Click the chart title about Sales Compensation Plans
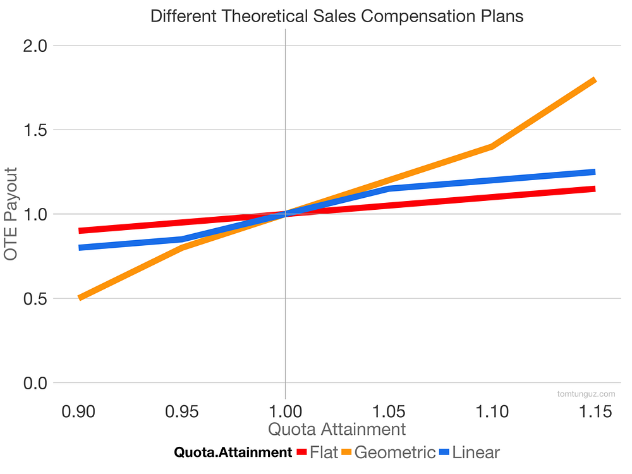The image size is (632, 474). (x=337, y=16)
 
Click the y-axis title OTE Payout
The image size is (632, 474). (x=11, y=214)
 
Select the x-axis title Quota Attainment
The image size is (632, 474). (x=337, y=429)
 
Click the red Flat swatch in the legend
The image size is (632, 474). (x=301, y=453)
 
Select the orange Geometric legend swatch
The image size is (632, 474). (x=346, y=453)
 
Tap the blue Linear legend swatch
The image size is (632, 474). (x=444, y=453)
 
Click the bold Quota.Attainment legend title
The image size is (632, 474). (x=233, y=453)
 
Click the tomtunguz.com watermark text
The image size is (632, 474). (x=586, y=394)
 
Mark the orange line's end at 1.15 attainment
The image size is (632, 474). (x=594, y=80)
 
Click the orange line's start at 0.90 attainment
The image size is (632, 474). (x=80, y=298)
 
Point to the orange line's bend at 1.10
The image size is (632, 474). (x=492, y=147)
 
